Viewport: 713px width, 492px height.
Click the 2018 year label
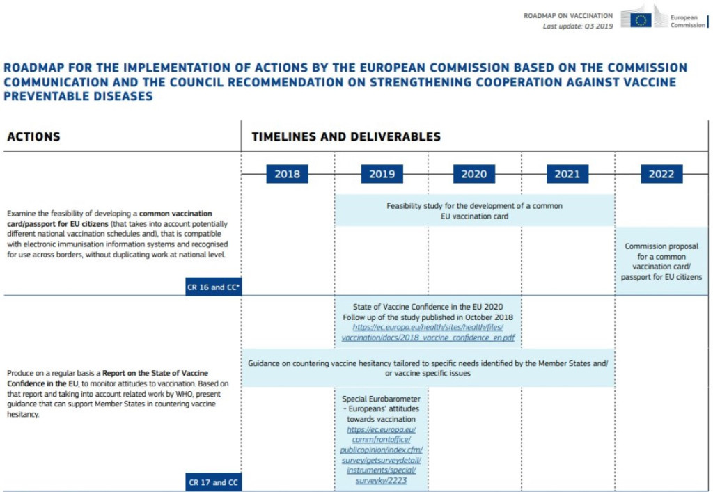click(287, 174)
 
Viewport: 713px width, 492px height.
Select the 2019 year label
click(382, 174)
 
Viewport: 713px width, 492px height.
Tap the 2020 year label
click(473, 174)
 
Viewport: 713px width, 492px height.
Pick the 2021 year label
click(567, 174)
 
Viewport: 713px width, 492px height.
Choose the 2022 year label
click(661, 174)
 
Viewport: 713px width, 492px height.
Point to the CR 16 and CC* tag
click(213, 287)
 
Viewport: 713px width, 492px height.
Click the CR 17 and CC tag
click(213, 482)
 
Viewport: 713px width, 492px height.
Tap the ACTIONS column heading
click(33, 136)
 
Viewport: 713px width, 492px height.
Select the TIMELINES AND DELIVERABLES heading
click(346, 136)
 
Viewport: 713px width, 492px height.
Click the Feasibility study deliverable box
click(474, 210)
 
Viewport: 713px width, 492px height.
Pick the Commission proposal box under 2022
click(661, 262)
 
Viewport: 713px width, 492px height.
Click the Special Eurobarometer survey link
click(381, 455)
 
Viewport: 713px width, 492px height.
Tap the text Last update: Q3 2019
click(578, 26)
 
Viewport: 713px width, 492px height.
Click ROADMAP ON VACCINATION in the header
click(568, 15)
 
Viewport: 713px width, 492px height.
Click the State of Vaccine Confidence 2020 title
click(428, 307)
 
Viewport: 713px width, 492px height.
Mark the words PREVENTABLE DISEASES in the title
click(78, 96)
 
